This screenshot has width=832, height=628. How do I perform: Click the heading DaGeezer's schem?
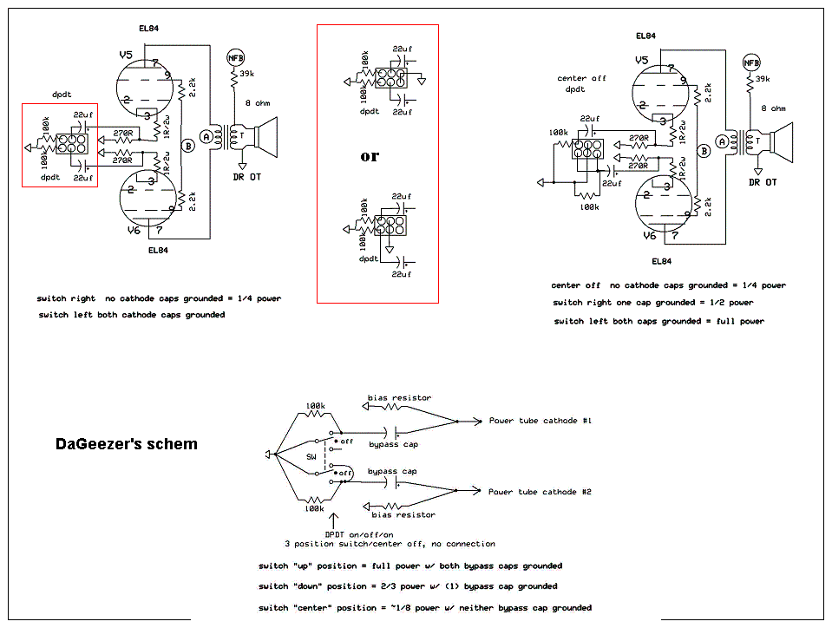coord(126,444)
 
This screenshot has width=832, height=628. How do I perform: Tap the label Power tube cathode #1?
coord(540,421)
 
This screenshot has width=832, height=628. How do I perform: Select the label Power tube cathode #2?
coord(540,492)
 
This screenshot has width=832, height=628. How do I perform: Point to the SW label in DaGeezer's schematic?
coord(311,456)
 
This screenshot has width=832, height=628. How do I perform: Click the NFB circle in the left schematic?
coord(235,58)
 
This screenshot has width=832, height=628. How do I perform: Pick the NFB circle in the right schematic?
coord(751,62)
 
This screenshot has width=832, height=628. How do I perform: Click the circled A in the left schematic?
coord(206,136)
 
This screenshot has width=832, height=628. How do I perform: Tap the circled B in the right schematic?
coord(704,150)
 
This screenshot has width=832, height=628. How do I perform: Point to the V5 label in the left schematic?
coord(126,56)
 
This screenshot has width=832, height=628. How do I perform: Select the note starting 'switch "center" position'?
coord(425,607)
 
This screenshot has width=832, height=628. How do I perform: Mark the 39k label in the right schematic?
coord(763,81)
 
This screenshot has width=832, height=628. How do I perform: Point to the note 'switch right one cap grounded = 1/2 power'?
coord(653,303)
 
